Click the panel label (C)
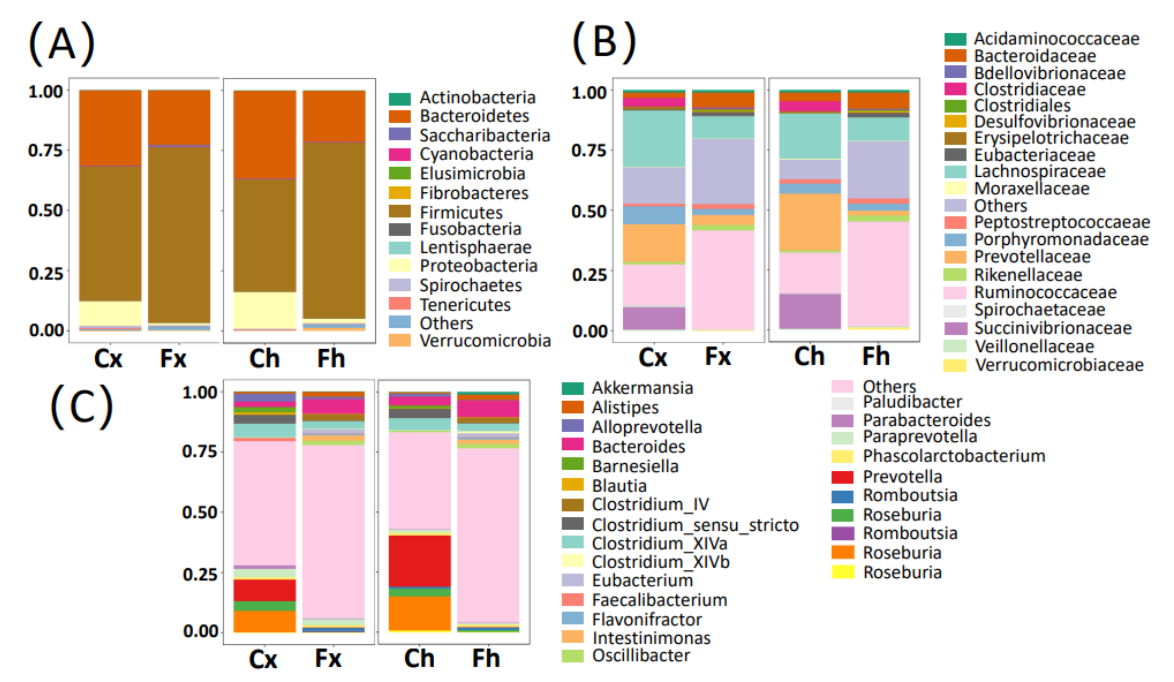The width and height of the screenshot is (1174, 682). tap(82, 406)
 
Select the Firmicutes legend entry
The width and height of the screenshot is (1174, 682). tap(461, 212)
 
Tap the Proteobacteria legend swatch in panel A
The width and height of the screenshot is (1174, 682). tap(400, 265)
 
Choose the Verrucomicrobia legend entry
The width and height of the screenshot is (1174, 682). tap(484, 341)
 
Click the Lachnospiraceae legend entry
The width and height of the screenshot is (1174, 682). tap(1039, 172)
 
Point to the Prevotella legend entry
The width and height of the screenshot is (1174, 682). tap(902, 476)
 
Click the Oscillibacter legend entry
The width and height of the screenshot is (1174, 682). tap(641, 655)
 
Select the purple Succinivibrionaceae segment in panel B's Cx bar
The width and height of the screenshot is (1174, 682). tap(654, 318)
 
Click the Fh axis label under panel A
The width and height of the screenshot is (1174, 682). tap(331, 359)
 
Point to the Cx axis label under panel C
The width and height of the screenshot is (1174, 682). tap(263, 659)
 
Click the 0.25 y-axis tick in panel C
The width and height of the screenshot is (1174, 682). tap(199, 574)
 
